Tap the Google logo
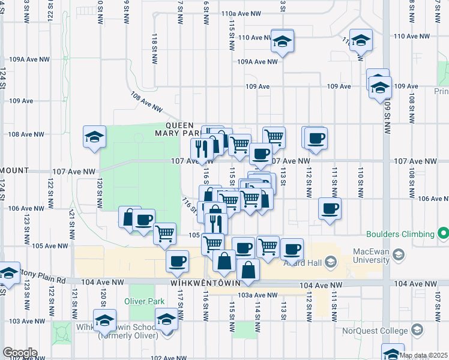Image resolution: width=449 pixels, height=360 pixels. coord(19,353)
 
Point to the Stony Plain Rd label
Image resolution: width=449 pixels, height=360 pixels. coord(43,280)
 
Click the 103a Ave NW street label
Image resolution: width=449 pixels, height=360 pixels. coord(258,295)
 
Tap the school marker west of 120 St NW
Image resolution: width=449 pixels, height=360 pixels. coord(94,137)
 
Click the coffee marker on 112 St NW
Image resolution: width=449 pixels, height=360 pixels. coord(315,138)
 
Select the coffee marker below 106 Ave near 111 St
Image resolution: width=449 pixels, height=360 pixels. coord(330,208)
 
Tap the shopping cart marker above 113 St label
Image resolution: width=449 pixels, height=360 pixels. coord(274,136)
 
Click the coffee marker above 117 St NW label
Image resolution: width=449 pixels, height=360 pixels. coord(178,262)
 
